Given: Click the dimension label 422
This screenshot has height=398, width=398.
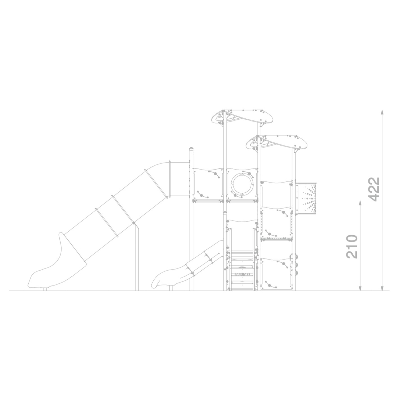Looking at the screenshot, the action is [x=374, y=189].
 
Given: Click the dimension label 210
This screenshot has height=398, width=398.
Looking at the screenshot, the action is [x=352, y=246].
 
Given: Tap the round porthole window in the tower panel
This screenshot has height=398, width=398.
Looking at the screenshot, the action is [x=242, y=183].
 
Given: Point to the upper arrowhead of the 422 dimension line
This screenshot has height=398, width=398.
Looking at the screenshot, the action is [x=382, y=112].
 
